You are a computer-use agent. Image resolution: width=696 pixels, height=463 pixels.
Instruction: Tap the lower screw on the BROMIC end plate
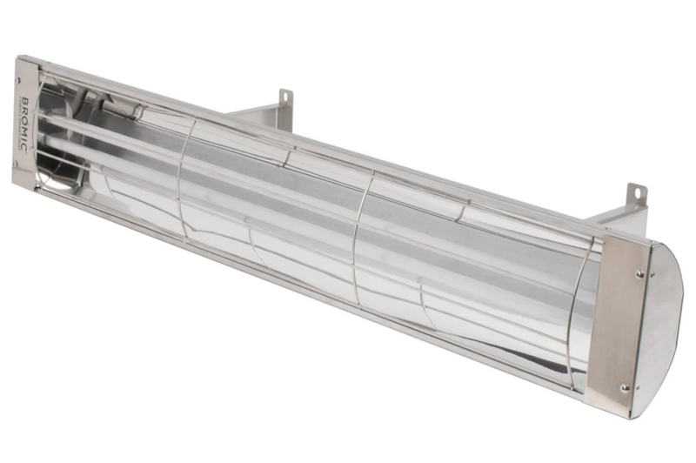[x=18, y=162]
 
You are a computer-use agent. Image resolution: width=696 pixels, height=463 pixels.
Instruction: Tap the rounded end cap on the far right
[x=662, y=331]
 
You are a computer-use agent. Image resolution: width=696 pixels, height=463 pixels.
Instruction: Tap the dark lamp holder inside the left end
[x=52, y=165]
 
